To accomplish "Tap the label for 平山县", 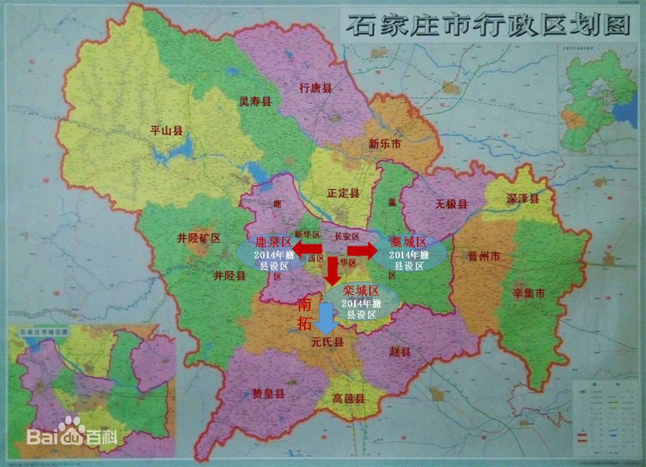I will click(166, 130).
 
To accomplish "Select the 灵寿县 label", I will click(255, 101).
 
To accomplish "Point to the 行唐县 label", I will click(315, 88).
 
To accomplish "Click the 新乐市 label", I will click(385, 145).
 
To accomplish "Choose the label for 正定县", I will click(343, 193).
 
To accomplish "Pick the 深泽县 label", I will click(523, 199).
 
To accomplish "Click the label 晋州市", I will click(484, 257).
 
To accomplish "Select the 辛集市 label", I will click(529, 294).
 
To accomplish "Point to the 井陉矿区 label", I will click(199, 238).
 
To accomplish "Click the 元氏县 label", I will click(327, 343).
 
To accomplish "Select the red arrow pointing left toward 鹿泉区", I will click(307, 248).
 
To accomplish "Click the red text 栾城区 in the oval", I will click(361, 291).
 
